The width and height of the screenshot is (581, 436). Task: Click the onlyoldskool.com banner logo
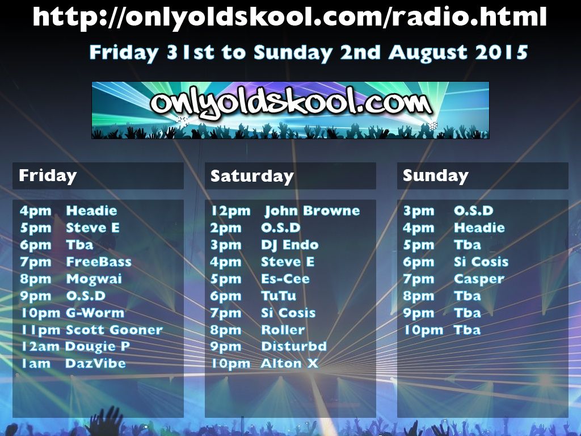pos(290,110)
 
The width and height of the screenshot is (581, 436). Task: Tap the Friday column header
pos(48,175)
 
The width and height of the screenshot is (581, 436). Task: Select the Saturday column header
pos(252,176)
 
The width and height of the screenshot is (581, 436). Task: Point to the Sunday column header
pos(436,176)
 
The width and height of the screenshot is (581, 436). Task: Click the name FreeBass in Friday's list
pos(99,262)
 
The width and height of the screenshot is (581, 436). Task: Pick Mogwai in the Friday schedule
pos(94,279)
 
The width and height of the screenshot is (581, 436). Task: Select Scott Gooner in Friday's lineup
pos(114,330)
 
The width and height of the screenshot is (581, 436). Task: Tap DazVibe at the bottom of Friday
pos(95,363)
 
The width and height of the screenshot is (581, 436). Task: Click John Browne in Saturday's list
pos(312,211)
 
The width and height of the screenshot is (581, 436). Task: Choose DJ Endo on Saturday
pos(290,245)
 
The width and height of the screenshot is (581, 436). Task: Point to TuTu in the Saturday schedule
pos(279,295)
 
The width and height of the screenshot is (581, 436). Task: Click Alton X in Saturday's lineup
pos(289,363)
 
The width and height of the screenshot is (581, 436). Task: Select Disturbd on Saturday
pos(294,346)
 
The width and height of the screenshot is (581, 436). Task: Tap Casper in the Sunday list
pos(479,279)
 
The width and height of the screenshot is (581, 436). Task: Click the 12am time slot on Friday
pos(40,346)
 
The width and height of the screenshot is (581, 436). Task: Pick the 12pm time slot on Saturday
pos(230,211)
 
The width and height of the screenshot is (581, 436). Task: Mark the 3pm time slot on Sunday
pos(419,211)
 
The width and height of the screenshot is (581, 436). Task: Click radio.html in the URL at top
pos(469,16)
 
